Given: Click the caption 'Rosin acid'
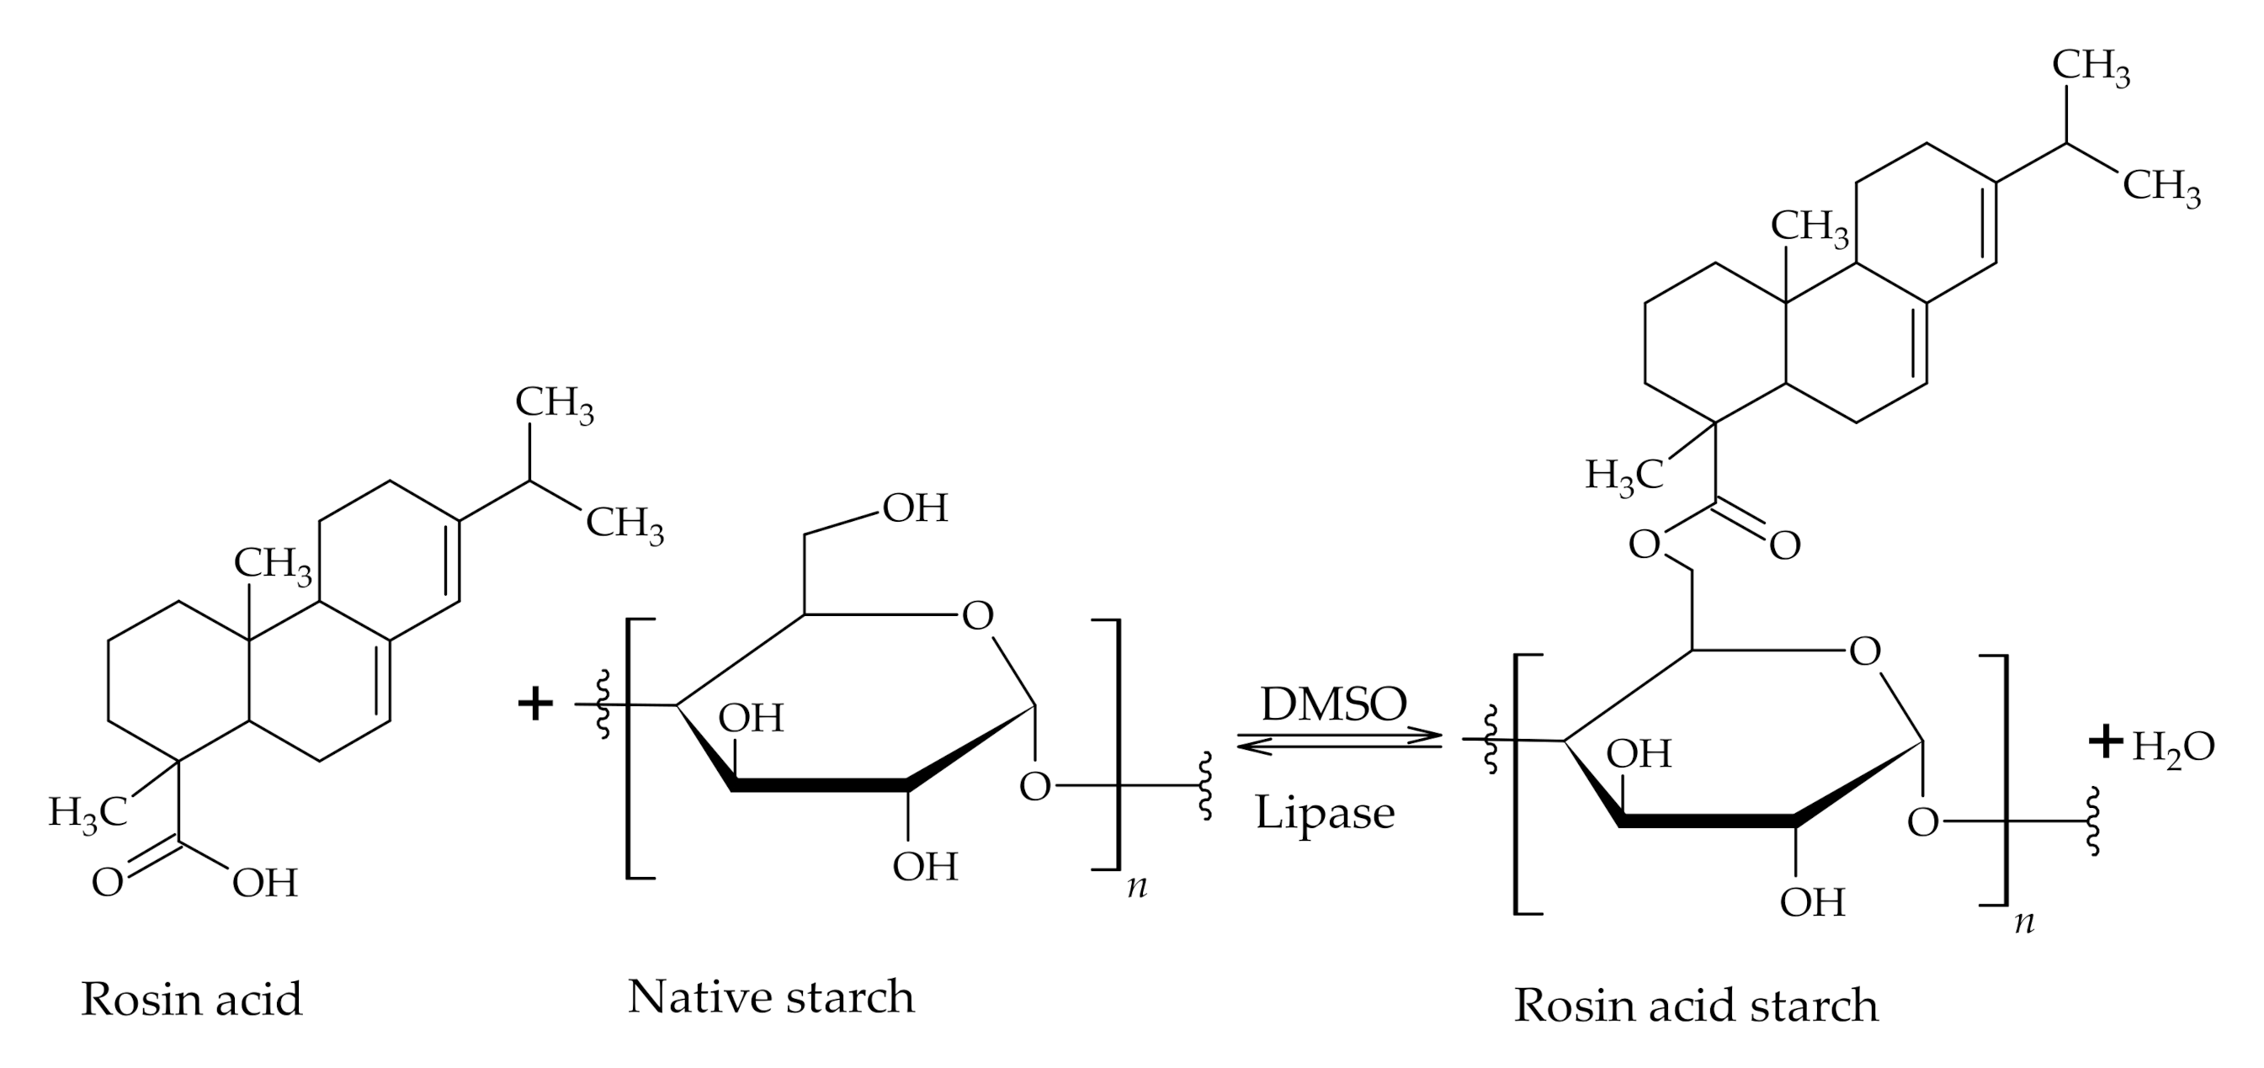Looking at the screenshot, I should tap(192, 1000).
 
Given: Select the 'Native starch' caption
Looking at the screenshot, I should tap(771, 996).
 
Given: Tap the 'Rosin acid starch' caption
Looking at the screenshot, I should tap(1695, 1006).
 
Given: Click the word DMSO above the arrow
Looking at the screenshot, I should tap(1333, 704).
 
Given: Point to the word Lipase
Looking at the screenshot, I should tap(1325, 812).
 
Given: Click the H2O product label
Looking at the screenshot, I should tap(2172, 747).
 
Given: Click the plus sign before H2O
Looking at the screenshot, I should tap(2106, 743).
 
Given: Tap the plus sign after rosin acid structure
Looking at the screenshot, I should tap(535, 704).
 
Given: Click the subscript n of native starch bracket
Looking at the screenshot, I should tap(1137, 887).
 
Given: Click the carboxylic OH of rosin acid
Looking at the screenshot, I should tap(264, 884).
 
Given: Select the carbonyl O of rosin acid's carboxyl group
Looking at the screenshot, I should tap(107, 883).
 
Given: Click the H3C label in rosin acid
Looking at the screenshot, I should tap(87, 813).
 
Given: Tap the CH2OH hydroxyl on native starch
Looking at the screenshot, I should tap(915, 509).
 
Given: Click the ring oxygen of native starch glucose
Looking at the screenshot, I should tap(977, 617).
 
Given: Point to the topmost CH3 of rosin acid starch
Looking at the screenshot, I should tap(2091, 68).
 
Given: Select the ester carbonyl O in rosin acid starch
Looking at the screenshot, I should tap(1785, 547).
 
